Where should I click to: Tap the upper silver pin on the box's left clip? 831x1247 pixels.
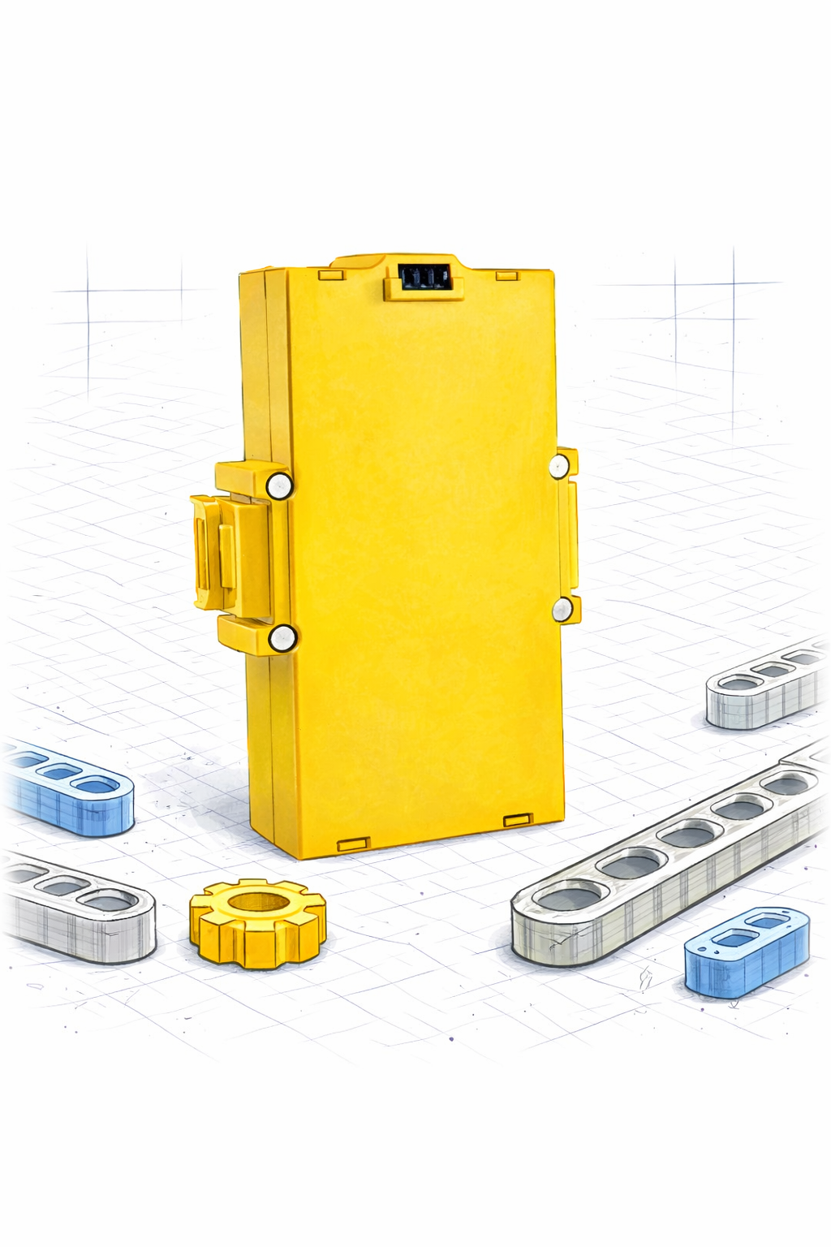coord(279,485)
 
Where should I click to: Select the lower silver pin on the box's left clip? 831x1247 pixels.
coord(282,638)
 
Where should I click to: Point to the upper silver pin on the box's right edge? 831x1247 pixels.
coord(559,466)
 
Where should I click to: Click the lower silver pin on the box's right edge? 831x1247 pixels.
coord(562,609)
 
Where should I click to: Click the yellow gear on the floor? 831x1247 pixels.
coord(258,923)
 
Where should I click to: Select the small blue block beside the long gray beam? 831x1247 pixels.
coord(747,951)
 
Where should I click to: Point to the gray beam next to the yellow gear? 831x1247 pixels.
coord(81,909)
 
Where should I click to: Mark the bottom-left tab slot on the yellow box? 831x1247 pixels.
coord(353,844)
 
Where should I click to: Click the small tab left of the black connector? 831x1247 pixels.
coord(331,274)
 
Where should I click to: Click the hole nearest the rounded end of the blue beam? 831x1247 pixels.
coord(97,786)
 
